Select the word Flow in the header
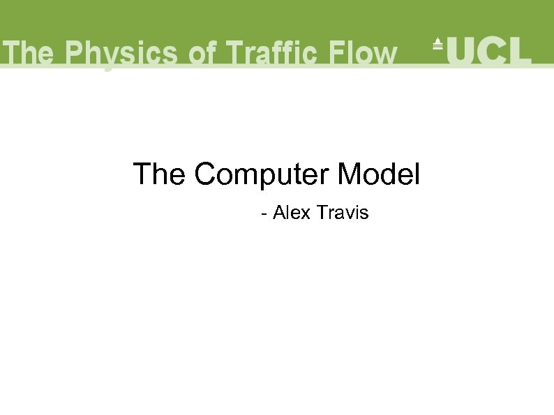tap(364, 53)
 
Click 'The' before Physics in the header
tap(29, 53)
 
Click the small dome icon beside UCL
tap(437, 43)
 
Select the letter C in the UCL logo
tap(492, 50)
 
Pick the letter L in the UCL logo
tap(520, 50)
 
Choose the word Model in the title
tap(379, 174)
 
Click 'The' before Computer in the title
tap(160, 174)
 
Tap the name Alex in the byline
tap(292, 212)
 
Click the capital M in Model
tap(348, 174)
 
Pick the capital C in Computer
tap(206, 174)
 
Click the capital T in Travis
tap(321, 212)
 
